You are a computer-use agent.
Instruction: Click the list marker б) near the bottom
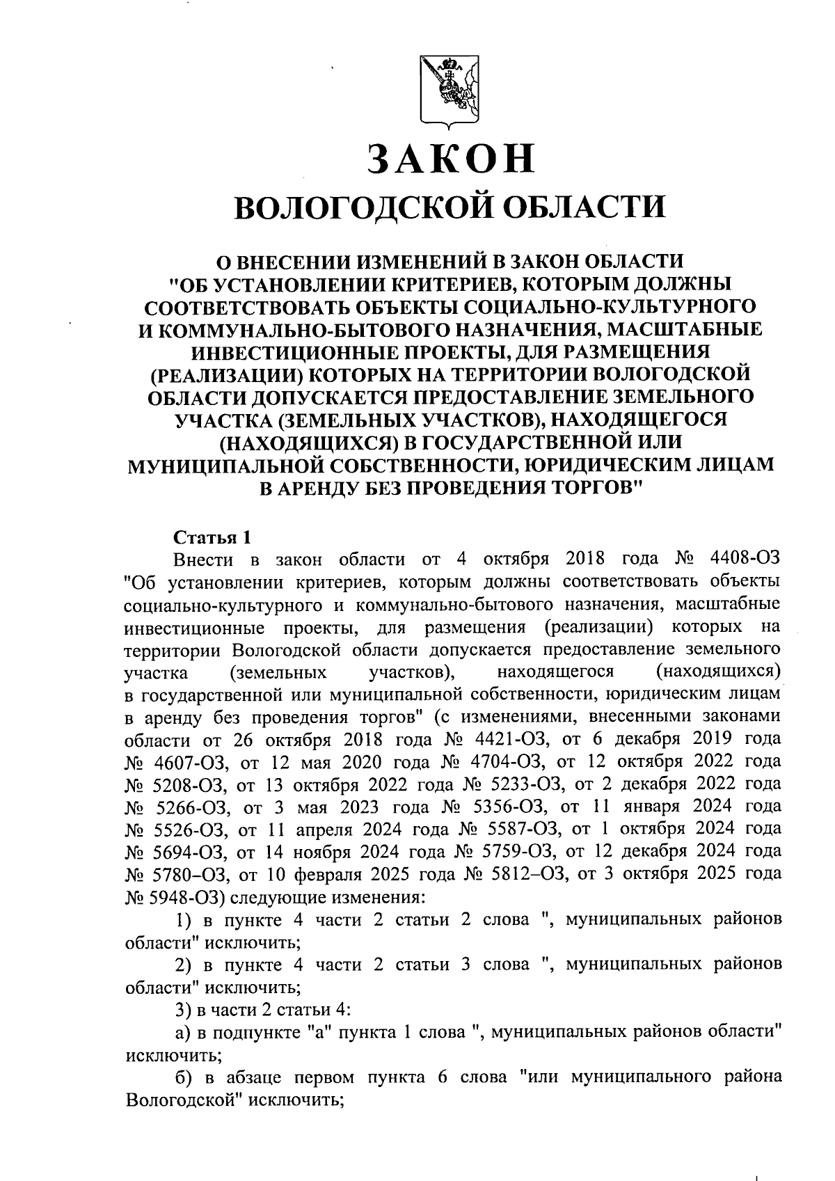(182, 1077)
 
